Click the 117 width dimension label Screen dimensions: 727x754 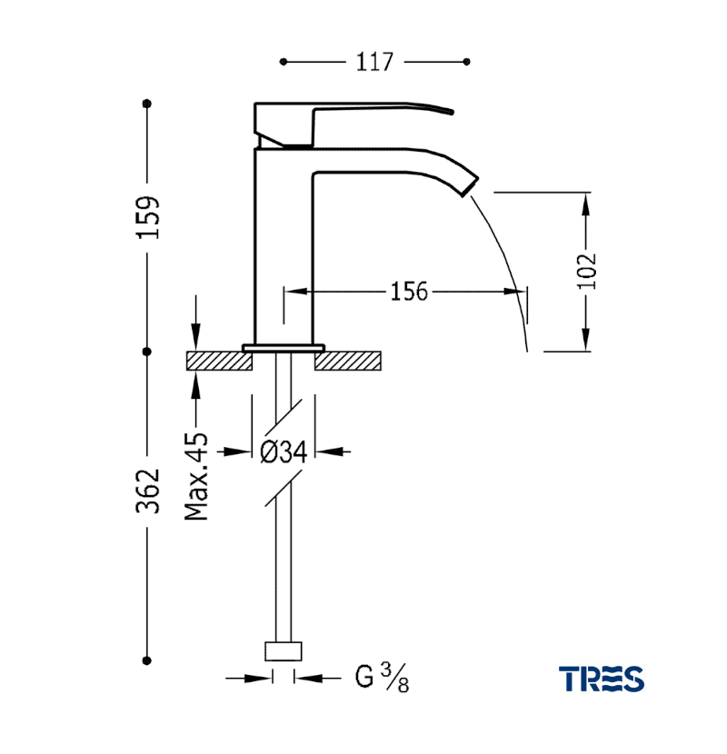(374, 62)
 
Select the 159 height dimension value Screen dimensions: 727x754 (148, 217)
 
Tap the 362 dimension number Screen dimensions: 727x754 (148, 491)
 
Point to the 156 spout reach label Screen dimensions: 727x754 (409, 292)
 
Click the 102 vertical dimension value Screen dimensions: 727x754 (586, 271)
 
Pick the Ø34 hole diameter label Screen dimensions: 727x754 (284, 452)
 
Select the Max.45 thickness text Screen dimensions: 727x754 (196, 477)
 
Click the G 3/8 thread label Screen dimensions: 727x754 (382, 678)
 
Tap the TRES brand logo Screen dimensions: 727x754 (602, 679)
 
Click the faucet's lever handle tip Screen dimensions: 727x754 (451, 112)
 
